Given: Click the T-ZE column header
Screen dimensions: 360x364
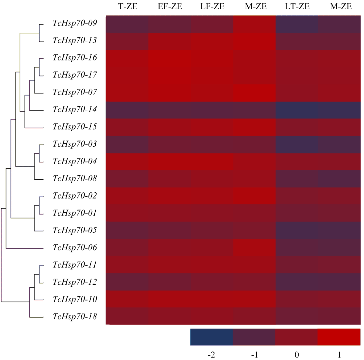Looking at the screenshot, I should pyautogui.click(x=127, y=6).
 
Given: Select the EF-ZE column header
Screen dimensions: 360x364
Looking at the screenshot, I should pyautogui.click(x=170, y=6).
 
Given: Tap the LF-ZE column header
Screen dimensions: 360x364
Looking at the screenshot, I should pyautogui.click(x=213, y=6).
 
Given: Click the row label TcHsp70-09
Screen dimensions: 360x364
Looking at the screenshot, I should pyautogui.click(x=75, y=23).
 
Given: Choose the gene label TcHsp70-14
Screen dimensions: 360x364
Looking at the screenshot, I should pyautogui.click(x=75, y=109).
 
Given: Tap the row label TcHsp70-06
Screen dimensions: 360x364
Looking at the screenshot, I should pyautogui.click(x=75, y=247).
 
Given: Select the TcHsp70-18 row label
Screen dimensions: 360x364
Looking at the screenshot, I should pyautogui.click(x=75, y=317).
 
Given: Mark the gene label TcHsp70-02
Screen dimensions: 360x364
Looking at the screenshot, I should pyautogui.click(x=75, y=196).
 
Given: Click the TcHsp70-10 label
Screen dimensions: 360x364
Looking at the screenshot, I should pyautogui.click(x=75, y=299).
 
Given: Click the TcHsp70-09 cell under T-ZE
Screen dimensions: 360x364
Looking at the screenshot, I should pyautogui.click(x=127, y=24).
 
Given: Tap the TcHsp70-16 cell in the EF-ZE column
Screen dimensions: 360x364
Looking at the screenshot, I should pyautogui.click(x=170, y=59).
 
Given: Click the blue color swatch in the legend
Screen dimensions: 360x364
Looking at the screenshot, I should pyautogui.click(x=212, y=337).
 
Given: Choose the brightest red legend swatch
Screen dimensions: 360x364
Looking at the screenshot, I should pyautogui.click(x=339, y=337).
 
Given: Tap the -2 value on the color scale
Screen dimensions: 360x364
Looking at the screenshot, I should pyautogui.click(x=212, y=354).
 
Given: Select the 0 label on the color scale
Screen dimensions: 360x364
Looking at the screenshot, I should pyautogui.click(x=296, y=354).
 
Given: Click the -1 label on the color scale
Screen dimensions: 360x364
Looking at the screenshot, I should pyautogui.click(x=254, y=354).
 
